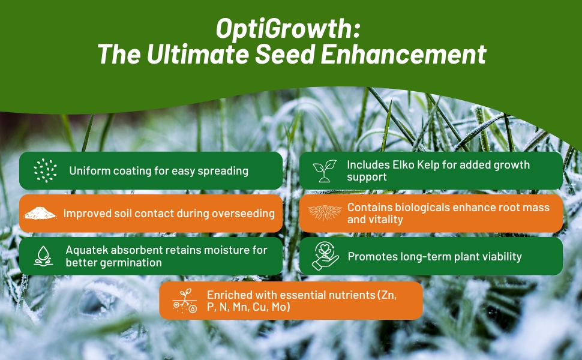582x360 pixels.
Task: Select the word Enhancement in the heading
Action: [x=404, y=55]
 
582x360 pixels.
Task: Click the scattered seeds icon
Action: [x=43, y=170]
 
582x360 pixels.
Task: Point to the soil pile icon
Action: [x=39, y=213]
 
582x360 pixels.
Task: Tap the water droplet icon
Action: [x=43, y=256]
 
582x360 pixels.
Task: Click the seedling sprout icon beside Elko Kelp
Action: [x=323, y=170]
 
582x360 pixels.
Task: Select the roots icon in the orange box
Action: [x=324, y=213]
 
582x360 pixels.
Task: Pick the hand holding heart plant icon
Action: [x=324, y=256]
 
